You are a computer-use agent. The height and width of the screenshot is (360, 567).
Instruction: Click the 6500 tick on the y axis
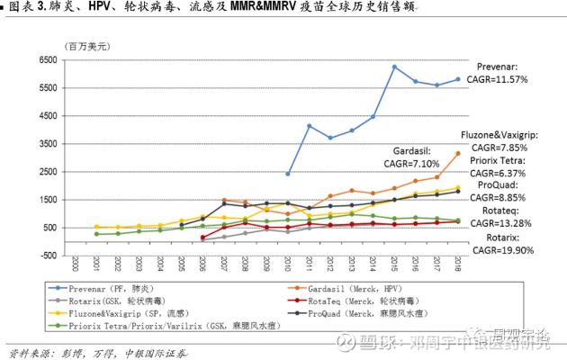pyautogui.click(x=44, y=60)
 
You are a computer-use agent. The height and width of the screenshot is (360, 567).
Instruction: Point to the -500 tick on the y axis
pyautogui.click(x=44, y=255)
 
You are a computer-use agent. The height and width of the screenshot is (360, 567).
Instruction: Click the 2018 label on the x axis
pyautogui.click(x=458, y=265)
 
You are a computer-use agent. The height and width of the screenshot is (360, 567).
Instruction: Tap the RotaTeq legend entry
pyautogui.click(x=356, y=301)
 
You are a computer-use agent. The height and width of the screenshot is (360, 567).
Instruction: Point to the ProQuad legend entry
pyautogui.click(x=356, y=313)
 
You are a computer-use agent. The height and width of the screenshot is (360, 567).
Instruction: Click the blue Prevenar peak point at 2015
pyautogui.click(x=394, y=67)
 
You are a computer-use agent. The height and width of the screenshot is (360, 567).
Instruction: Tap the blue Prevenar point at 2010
pyautogui.click(x=288, y=174)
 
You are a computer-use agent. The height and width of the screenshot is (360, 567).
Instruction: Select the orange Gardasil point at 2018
pyautogui.click(x=458, y=154)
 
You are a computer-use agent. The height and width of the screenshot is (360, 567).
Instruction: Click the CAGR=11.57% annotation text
pyautogui.click(x=507, y=79)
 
